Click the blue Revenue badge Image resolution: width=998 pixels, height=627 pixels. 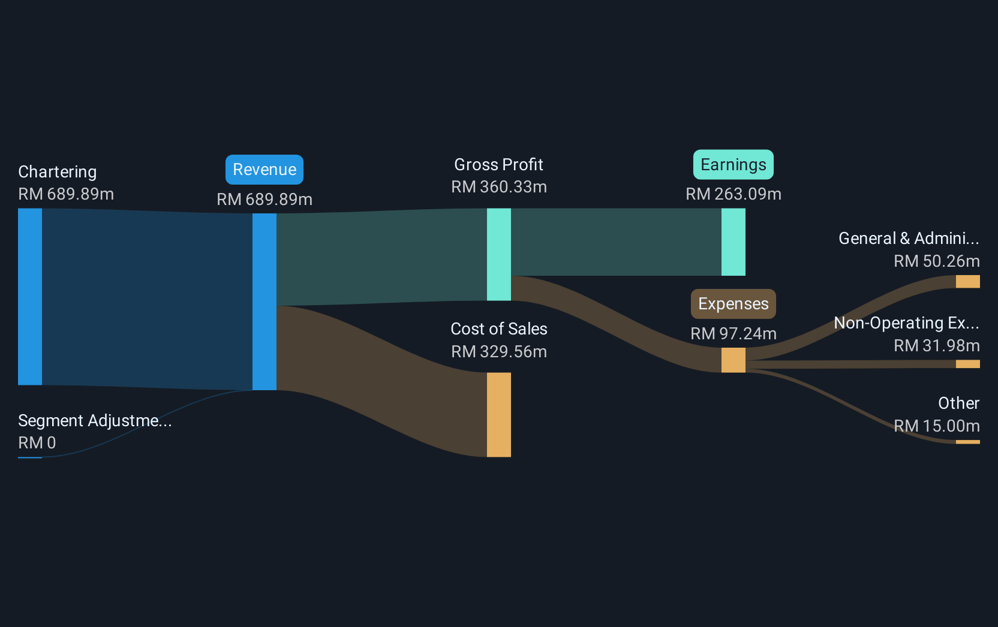(264, 170)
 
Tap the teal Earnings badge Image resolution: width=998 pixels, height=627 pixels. (734, 165)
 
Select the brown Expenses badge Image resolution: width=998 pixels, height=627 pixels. (734, 304)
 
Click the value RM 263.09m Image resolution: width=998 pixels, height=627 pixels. (734, 194)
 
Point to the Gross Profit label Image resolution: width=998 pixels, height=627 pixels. (498, 165)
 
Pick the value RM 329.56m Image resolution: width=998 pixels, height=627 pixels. (499, 352)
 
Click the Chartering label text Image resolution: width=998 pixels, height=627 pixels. (58, 172)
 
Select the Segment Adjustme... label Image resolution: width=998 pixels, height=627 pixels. (95, 420)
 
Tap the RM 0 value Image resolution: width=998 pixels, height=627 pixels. (37, 442)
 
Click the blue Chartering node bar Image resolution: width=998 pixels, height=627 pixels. (30, 297)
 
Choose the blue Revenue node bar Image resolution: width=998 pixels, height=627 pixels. (264, 302)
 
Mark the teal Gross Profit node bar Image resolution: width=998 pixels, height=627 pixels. (499, 254)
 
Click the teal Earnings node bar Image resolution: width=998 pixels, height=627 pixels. (734, 242)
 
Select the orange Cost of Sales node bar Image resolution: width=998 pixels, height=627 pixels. (499, 415)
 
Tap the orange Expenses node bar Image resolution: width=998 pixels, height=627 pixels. (734, 360)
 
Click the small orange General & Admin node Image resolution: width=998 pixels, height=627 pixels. (967, 282)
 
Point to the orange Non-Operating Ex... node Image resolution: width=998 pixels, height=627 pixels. (967, 364)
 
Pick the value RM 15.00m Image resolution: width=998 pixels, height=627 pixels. (936, 426)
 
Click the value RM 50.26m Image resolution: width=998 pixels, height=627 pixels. (936, 261)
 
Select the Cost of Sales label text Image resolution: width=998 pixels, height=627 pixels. (499, 329)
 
